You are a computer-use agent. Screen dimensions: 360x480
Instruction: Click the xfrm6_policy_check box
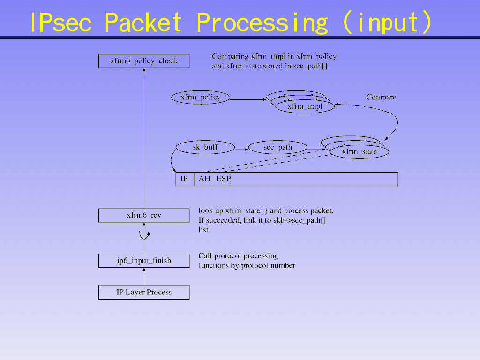pos(144,61)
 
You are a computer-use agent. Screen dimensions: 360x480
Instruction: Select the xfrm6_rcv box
pos(144,215)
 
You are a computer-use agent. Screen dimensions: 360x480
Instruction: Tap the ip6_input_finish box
pos(144,261)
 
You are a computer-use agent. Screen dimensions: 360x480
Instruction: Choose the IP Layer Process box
pos(144,292)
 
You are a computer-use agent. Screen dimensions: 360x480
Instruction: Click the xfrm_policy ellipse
pos(201,97)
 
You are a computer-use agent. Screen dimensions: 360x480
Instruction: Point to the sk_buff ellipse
pos(205,147)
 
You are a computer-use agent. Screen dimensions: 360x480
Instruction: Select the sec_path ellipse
pos(277,147)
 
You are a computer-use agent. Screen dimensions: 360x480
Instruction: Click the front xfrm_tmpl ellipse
pos(305,107)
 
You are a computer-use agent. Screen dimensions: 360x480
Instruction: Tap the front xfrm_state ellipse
pos(359,152)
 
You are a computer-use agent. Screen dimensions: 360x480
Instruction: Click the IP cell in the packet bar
pos(185,179)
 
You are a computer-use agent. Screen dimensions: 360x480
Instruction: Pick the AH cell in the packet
pos(203,179)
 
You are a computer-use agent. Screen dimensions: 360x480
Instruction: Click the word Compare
pos(381,97)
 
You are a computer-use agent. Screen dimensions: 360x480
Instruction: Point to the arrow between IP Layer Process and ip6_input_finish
pos(144,277)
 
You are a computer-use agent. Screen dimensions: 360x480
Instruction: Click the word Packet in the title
pos(142,22)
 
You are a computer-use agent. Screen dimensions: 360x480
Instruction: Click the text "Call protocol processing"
pos(238,256)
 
